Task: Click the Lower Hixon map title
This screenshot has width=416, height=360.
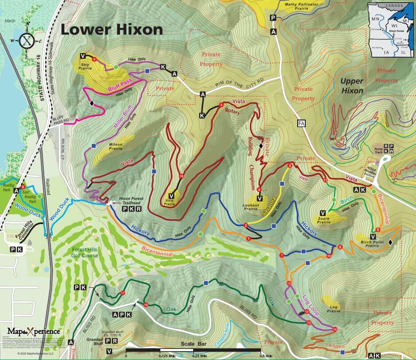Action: tap(112, 30)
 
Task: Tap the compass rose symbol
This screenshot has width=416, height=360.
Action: tap(27, 41)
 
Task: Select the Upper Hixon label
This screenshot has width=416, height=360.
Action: tap(352, 86)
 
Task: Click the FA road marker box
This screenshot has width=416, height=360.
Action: tap(302, 124)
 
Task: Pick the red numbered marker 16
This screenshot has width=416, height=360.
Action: tap(181, 176)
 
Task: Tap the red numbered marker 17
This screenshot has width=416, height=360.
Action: tap(123, 294)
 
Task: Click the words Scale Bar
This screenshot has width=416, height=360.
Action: tap(194, 344)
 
